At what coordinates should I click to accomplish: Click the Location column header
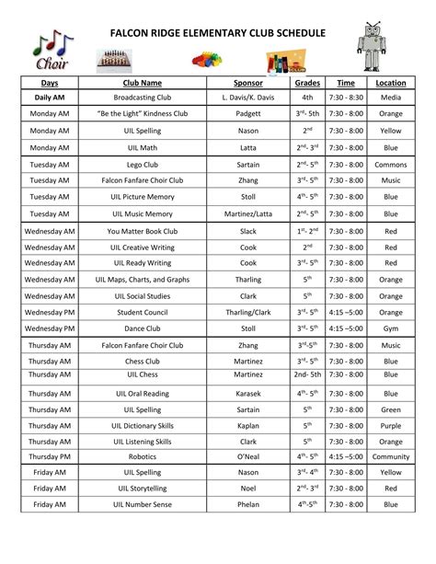pyautogui.click(x=391, y=83)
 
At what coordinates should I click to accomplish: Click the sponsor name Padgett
pyautogui.click(x=247, y=113)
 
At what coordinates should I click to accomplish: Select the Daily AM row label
pyautogui.click(x=50, y=97)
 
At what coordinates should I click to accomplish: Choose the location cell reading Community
pyautogui.click(x=391, y=455)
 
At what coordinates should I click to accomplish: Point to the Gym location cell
pyautogui.click(x=391, y=327)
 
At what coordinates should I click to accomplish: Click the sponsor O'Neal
pyautogui.click(x=247, y=455)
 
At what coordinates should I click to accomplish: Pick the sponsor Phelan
pyautogui.click(x=247, y=504)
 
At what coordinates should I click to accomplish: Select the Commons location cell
pyautogui.click(x=391, y=164)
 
